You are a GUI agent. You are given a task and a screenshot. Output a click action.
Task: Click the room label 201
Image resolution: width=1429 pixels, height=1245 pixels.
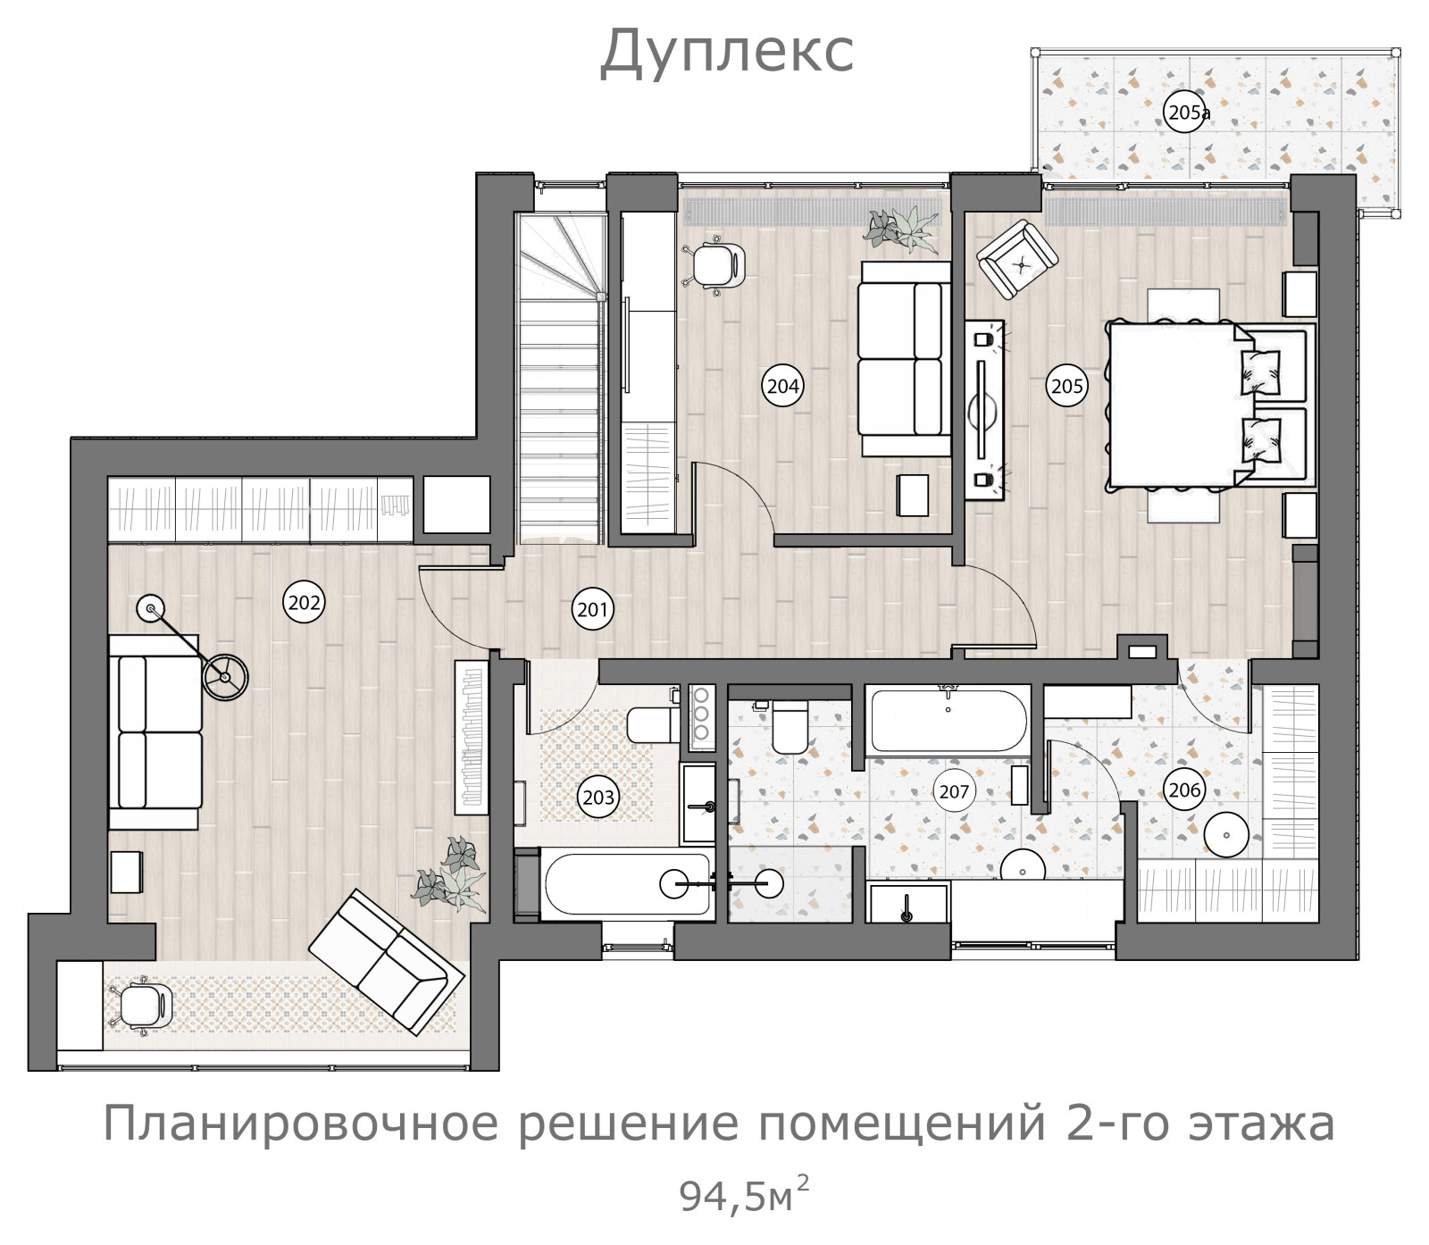[592, 610]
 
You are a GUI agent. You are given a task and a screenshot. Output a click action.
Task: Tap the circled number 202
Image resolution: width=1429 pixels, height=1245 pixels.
[304, 602]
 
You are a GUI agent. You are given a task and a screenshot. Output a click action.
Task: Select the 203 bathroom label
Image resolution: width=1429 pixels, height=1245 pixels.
[598, 796]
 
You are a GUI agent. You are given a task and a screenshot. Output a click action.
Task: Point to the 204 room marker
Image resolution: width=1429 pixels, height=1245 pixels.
[783, 386]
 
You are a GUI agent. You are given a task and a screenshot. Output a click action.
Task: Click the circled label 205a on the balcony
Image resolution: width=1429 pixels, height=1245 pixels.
[1187, 113]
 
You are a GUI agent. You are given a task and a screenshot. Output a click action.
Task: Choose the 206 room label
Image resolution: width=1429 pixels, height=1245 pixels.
[1184, 790]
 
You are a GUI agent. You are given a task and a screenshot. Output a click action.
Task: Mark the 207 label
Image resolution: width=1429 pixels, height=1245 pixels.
[954, 791]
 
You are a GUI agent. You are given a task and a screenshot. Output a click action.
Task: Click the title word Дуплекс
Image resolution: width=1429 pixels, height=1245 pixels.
[726, 51]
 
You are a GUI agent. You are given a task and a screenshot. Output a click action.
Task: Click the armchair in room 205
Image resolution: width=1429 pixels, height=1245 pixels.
[1018, 260]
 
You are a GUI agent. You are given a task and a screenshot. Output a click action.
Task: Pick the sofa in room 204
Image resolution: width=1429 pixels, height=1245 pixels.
[904, 359]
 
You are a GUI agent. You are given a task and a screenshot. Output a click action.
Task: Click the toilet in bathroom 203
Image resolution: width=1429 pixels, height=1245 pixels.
[654, 724]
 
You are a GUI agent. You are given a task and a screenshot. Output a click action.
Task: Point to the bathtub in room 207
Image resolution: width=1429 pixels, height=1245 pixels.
[948, 720]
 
